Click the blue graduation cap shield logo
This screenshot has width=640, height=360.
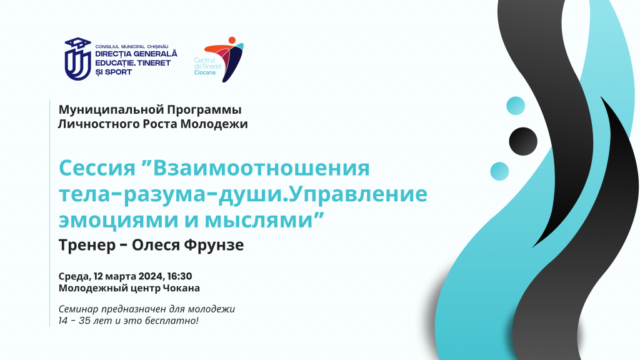point(78,59)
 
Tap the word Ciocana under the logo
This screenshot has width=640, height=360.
point(205,72)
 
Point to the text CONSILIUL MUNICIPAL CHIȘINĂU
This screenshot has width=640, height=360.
point(132,47)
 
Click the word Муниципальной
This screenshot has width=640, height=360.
point(111,110)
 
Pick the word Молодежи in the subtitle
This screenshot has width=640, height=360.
point(214,124)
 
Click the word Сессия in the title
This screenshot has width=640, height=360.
point(97,167)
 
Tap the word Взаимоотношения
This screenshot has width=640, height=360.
point(262,167)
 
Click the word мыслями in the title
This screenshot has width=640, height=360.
point(259,221)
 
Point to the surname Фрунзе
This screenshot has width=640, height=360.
point(214,245)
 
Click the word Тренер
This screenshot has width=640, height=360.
point(87,245)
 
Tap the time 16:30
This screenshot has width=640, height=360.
point(179,276)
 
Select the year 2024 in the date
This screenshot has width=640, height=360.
point(151,276)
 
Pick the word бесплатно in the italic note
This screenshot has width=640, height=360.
point(177,321)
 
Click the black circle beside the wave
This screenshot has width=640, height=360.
point(523,141)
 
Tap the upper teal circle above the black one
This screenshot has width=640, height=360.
point(516,106)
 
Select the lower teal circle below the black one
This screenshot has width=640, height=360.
point(499,171)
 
